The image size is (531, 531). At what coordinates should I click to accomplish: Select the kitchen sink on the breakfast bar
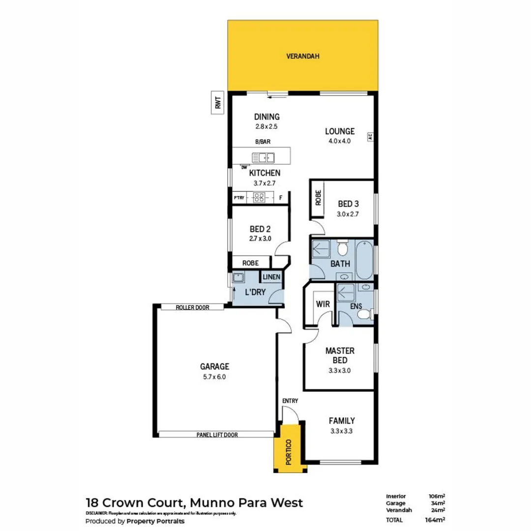click(263, 158)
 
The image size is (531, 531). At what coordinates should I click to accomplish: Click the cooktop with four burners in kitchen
click(259, 198)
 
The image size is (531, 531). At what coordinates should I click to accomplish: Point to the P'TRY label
click(239, 198)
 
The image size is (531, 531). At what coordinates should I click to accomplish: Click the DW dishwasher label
click(244, 167)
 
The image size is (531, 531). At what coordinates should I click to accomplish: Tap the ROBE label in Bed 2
click(250, 263)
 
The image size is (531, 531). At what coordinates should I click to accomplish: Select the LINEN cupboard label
click(271, 277)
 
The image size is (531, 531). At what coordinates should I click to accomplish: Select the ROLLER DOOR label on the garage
click(192, 307)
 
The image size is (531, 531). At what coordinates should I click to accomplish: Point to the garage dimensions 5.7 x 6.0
click(214, 377)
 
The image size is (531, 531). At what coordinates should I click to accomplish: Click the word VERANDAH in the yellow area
click(303, 57)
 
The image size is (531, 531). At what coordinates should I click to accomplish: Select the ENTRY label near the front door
click(290, 401)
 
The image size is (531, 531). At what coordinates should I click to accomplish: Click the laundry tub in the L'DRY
click(238, 277)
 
